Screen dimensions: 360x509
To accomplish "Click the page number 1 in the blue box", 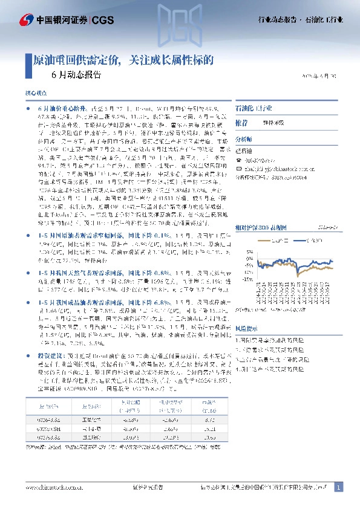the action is coord(338,487).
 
